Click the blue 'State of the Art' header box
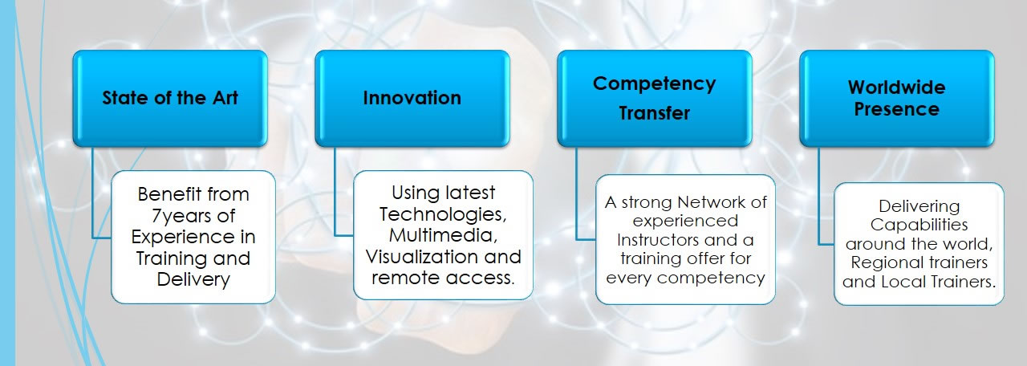coord(170,98)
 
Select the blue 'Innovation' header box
coord(412,98)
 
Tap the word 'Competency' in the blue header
coord(654,84)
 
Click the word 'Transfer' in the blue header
coord(654,113)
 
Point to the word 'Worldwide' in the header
coord(897,87)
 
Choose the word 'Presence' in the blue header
coord(897,109)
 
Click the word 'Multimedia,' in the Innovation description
coord(444,236)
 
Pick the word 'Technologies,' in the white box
coord(444,214)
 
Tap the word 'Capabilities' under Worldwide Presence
coord(919,226)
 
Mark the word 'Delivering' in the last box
coord(919,206)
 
